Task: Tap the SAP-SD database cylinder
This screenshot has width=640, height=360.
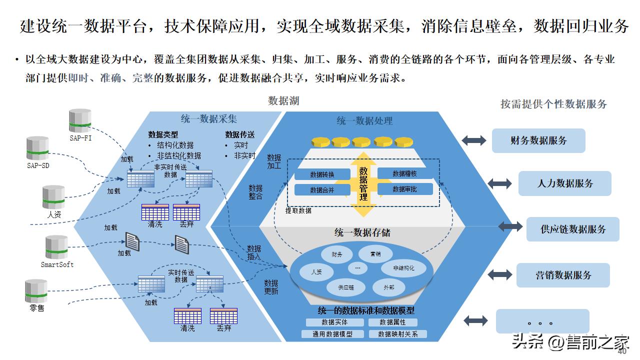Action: (x=37, y=148)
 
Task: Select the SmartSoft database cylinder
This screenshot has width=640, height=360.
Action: (x=56, y=247)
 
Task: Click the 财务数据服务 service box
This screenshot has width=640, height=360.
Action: (x=538, y=140)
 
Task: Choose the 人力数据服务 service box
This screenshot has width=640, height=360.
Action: (x=564, y=183)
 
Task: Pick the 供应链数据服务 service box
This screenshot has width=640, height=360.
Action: (x=572, y=229)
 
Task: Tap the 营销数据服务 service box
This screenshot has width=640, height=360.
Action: (x=563, y=275)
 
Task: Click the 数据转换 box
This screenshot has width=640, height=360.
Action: (x=322, y=174)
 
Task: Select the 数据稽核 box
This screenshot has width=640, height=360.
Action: (x=404, y=174)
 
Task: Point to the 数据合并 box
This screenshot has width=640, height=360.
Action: (x=322, y=190)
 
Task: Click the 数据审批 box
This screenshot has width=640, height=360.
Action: (x=404, y=189)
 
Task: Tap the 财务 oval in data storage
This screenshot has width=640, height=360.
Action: (x=337, y=254)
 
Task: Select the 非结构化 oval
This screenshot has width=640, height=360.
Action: (x=404, y=268)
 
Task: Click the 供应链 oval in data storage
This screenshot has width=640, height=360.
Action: (x=345, y=287)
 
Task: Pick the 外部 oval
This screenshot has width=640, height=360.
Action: (x=388, y=287)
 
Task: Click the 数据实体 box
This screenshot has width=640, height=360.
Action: (x=334, y=322)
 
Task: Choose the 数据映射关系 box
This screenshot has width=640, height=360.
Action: (x=397, y=334)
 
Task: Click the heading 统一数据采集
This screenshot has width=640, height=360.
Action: (x=209, y=119)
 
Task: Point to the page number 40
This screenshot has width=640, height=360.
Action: (x=622, y=351)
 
